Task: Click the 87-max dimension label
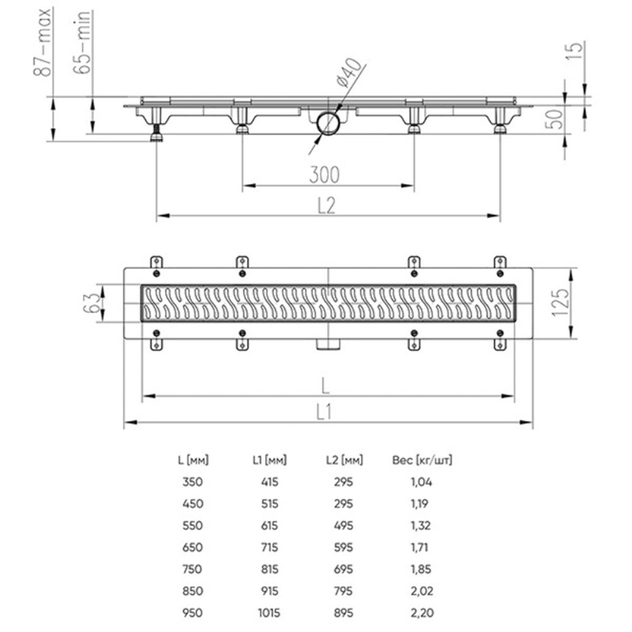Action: coord(44,42)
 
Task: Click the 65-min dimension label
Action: coord(85,43)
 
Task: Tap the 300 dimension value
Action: coord(324,174)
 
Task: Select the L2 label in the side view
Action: coord(325,205)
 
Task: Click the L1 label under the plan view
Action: coord(324,412)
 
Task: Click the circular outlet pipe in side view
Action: coord(329,123)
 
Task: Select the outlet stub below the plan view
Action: coord(328,344)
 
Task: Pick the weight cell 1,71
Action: coord(420,547)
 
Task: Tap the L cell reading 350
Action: coord(191,482)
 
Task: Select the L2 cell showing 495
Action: coord(343,525)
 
